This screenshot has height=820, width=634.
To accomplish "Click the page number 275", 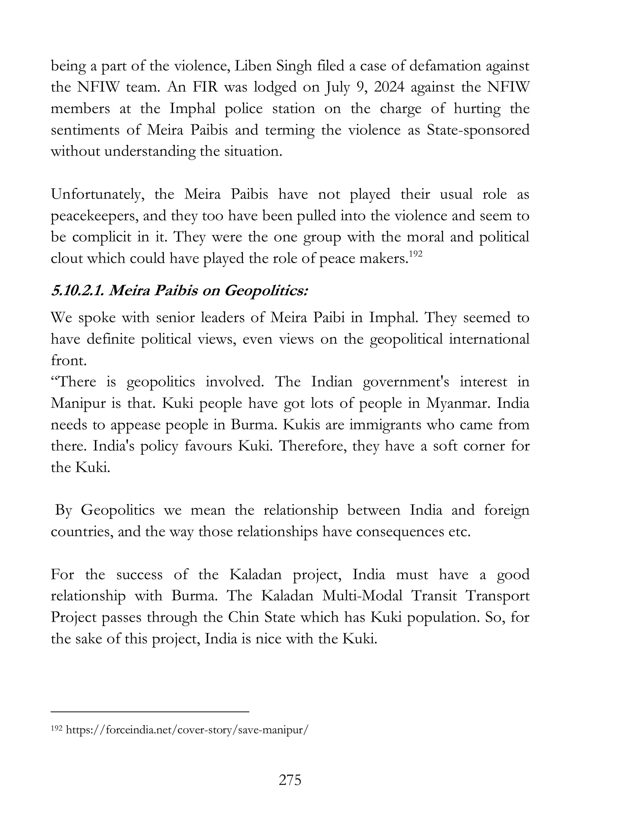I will tap(290, 780).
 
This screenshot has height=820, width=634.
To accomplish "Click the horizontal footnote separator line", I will tap(150, 711).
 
